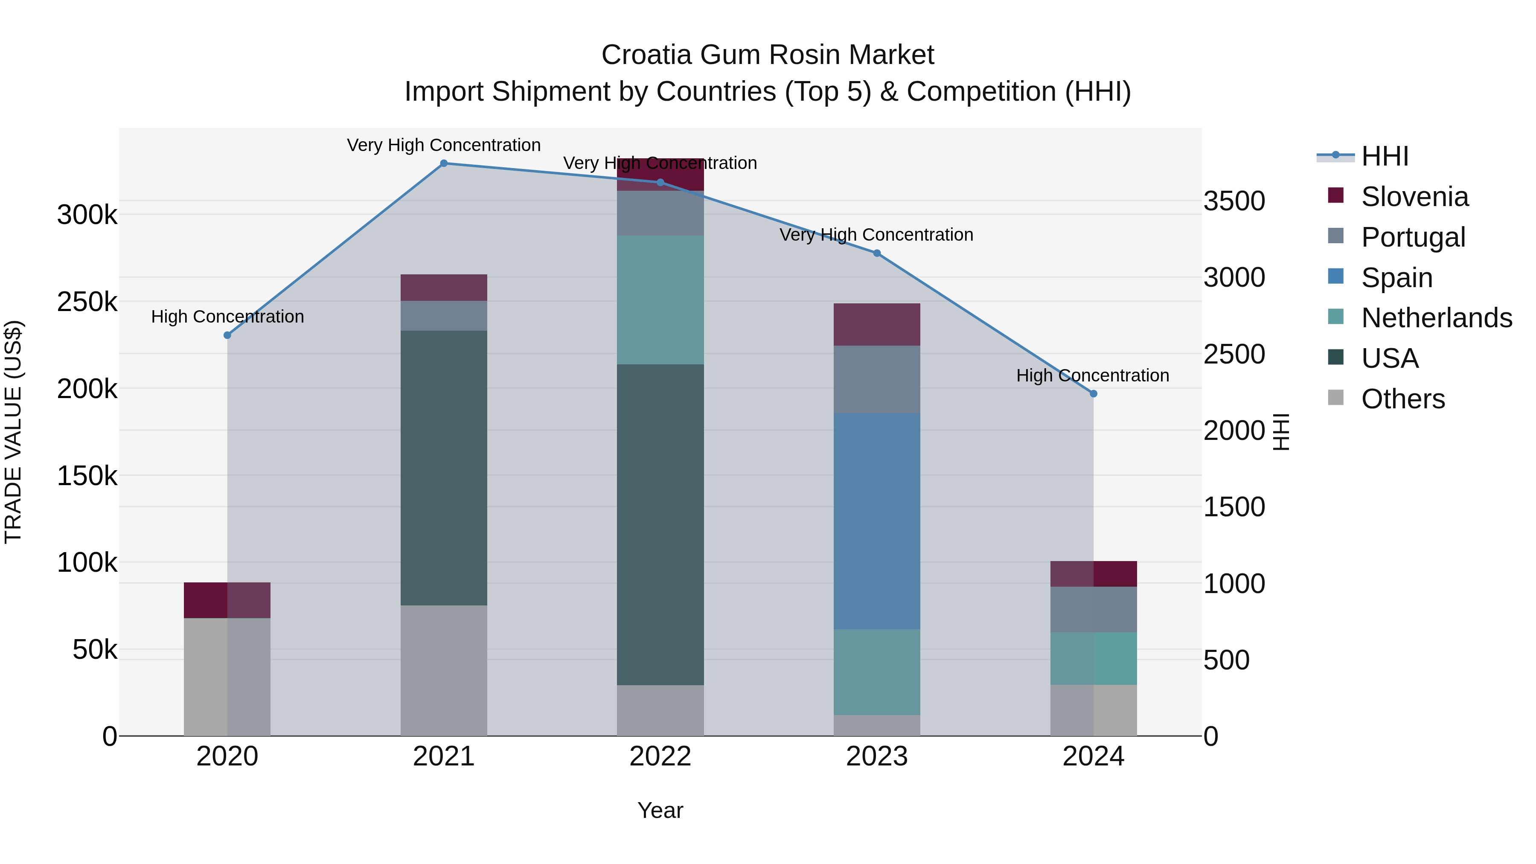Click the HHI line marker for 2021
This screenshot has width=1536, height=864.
click(x=444, y=163)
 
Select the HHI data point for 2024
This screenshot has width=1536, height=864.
click(x=1093, y=393)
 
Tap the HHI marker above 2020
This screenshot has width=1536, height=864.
click(x=227, y=335)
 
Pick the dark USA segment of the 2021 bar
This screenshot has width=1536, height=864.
click(x=444, y=468)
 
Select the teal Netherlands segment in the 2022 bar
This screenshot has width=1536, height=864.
click(x=660, y=300)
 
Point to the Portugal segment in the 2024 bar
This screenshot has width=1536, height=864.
click(x=1093, y=609)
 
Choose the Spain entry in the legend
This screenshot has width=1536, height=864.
click(x=1396, y=278)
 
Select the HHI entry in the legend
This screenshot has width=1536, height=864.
click(x=1385, y=156)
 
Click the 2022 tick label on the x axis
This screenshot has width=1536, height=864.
click(x=660, y=756)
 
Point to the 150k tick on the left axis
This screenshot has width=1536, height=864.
click(x=87, y=476)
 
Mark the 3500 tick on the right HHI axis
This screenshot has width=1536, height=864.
click(x=1233, y=201)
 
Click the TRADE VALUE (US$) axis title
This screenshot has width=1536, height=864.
click(x=13, y=432)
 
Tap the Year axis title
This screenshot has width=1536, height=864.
click(x=660, y=810)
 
